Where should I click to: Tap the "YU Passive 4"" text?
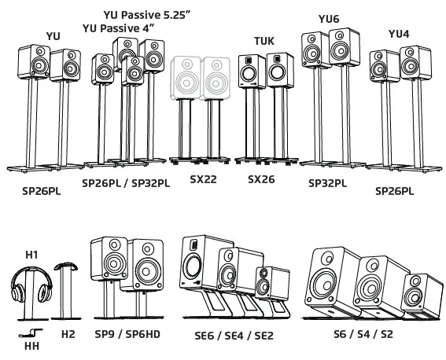(118, 28)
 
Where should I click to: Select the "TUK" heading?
(264, 40)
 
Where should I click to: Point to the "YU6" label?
(329, 17)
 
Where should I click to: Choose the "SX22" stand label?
(202, 179)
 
